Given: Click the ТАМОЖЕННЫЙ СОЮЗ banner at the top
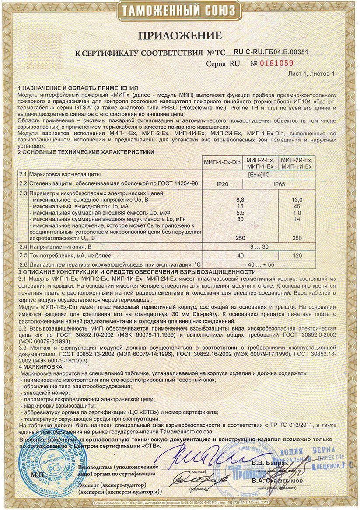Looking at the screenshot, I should point(180,11).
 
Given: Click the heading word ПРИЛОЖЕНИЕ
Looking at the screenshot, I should point(180,35).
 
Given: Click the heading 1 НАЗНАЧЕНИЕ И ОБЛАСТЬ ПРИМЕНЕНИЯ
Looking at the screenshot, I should point(78,88).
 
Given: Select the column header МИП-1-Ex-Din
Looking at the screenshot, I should point(222,162).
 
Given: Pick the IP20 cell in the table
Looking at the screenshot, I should point(222,184).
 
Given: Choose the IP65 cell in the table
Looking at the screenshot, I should point(279,184).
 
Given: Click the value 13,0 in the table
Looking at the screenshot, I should point(297,199).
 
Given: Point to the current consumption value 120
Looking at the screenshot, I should point(297,255).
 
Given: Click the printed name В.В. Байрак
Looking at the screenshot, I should point(266,463).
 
